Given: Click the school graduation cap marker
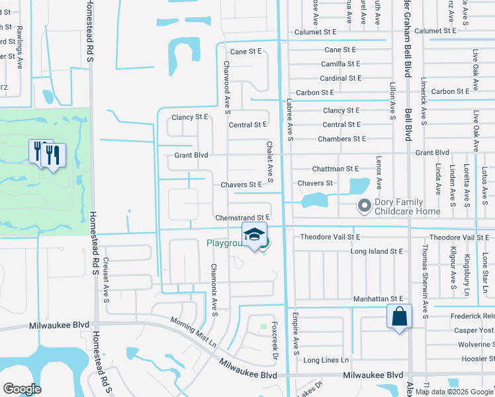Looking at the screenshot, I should point(255,236).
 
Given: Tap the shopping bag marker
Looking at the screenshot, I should point(400,316).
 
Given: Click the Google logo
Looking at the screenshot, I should point(22,389).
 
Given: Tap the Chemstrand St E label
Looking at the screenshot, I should point(243,217).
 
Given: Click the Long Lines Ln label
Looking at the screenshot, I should point(326,360).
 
